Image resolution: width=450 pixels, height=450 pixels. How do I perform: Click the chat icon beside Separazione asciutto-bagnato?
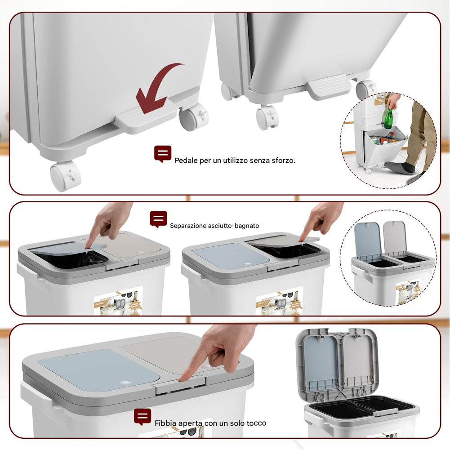click(158, 219)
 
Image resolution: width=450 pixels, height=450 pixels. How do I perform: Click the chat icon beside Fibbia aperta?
click(143, 417)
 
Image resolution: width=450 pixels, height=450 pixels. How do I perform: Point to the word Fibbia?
click(165, 423)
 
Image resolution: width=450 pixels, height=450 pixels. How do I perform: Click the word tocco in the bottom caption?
click(256, 423)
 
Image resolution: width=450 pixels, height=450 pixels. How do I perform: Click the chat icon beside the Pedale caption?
click(163, 154)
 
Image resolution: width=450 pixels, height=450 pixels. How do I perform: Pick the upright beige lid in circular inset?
click(395, 238)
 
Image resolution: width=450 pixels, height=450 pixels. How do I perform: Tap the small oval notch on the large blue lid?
click(122, 383)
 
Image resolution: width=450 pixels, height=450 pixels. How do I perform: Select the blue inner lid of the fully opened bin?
click(320, 362)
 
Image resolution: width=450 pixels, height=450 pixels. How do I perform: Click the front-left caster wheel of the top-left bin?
click(65, 176)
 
